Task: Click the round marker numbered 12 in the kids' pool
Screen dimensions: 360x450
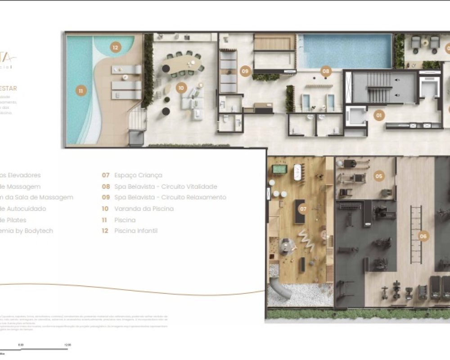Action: (x=116, y=47)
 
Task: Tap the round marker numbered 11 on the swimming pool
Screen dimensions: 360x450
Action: (x=81, y=90)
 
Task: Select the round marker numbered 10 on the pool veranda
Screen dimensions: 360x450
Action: (x=181, y=88)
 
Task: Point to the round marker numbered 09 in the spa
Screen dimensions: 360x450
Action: (x=245, y=71)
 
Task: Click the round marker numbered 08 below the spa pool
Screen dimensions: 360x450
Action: (x=326, y=71)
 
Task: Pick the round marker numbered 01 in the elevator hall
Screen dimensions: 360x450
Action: (x=379, y=116)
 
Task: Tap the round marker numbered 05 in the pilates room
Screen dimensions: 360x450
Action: (x=379, y=176)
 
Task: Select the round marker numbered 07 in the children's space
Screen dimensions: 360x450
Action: (x=303, y=209)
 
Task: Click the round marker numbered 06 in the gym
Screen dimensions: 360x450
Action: (x=423, y=235)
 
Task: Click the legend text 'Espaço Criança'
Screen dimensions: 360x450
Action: (x=138, y=175)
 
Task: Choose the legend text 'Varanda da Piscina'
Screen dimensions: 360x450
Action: (x=144, y=209)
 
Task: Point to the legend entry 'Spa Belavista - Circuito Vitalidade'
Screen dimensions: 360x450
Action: (x=165, y=187)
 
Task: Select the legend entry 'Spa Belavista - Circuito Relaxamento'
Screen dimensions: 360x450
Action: (x=170, y=198)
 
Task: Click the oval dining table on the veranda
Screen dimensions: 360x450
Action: (x=183, y=63)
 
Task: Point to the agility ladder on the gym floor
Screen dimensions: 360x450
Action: (x=416, y=234)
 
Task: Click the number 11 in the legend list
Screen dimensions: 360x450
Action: (x=105, y=220)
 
